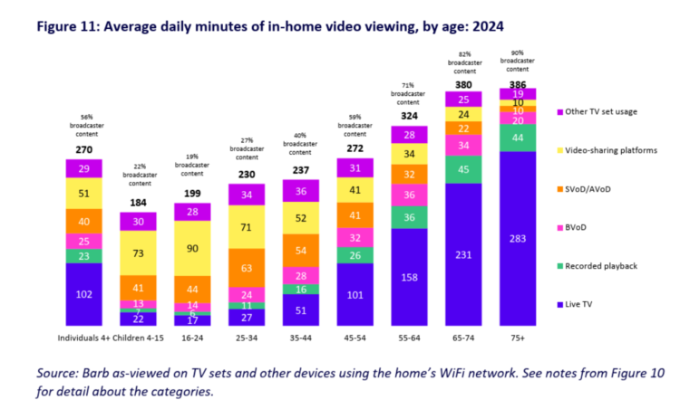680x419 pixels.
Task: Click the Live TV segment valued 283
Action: coord(518,239)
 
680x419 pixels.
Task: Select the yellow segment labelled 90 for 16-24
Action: coord(192,247)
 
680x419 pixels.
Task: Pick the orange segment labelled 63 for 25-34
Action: coord(247,268)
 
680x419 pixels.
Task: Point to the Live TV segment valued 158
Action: coord(410,278)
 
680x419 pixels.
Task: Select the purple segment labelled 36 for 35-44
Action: coord(301,191)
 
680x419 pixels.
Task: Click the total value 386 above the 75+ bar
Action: coord(518,83)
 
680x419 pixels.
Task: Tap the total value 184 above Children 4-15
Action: coord(138,202)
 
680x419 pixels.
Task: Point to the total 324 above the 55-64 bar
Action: coord(410,117)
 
